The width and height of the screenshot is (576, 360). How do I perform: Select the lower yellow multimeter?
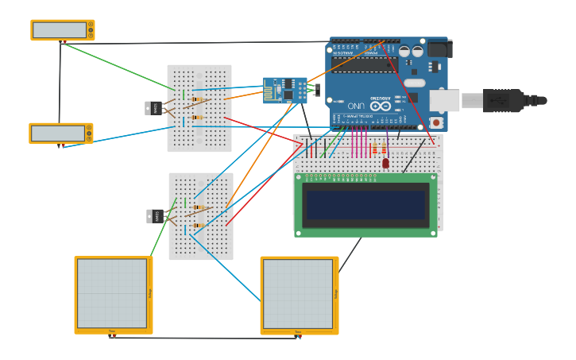click(60, 134)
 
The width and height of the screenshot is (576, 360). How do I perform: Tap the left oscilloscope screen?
click(112, 293)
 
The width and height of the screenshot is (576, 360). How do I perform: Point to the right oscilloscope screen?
click(298, 294)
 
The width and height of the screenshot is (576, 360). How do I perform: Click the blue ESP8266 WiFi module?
click(284, 91)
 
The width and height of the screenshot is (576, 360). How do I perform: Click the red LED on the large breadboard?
click(385, 163)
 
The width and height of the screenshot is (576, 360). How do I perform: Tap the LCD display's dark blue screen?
click(365, 204)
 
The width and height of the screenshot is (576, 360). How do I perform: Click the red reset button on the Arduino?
click(435, 122)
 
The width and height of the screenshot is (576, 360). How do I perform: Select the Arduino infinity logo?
click(381, 106)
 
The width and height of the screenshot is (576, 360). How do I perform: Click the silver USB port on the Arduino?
click(444, 100)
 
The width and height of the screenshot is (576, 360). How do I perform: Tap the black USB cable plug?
click(504, 101)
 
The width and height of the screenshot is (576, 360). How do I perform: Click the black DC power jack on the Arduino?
click(439, 48)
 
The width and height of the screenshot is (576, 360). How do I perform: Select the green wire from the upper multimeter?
click(119, 67)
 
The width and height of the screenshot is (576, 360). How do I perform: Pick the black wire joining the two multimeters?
click(60, 83)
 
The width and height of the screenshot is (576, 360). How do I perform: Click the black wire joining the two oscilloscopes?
click(205, 338)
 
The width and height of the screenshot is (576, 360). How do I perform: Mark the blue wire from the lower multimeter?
click(119, 135)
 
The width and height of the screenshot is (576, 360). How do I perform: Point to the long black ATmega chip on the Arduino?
click(365, 64)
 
